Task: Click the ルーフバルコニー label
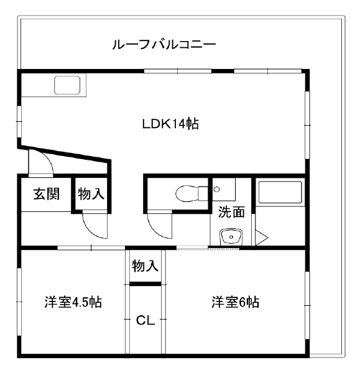point(164,44)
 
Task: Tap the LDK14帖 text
point(170,124)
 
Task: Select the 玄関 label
point(47,194)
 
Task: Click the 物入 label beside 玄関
point(91,194)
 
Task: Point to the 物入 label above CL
point(145,265)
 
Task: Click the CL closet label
point(145,320)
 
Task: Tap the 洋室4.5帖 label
point(73,302)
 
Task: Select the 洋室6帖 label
point(235,302)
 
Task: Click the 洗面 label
point(231,212)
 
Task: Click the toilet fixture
point(192,193)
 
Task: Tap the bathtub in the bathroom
point(280,192)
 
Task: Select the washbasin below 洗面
point(231,237)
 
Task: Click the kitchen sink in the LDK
point(67,85)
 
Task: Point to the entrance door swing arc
point(47,159)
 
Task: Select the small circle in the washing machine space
point(216,190)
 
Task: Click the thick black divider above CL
point(145,283)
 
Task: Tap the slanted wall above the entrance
point(64,154)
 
